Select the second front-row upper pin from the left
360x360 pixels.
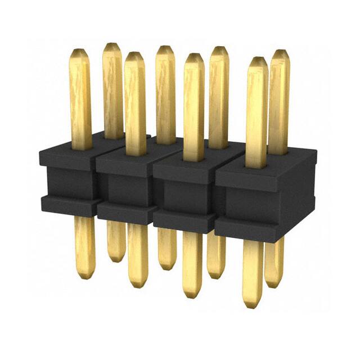point(135,101)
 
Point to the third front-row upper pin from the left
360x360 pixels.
point(193,107)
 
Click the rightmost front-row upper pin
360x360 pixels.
point(256,112)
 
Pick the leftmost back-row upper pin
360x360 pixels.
point(112,90)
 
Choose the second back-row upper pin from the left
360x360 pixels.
point(165,93)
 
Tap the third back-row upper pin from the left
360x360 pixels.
point(219,96)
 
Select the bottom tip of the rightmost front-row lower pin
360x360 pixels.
point(253,304)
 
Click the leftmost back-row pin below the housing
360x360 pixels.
point(116,242)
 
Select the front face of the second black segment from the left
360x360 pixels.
point(124,186)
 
